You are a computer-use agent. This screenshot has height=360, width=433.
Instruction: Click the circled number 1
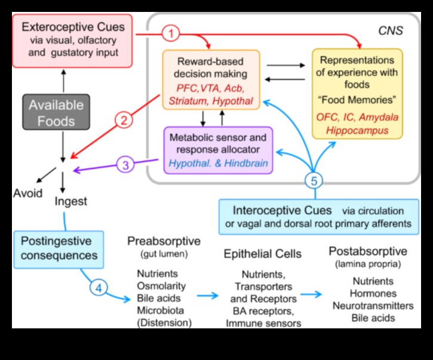tap(171, 34)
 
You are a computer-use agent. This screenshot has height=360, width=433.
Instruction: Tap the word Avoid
tap(27, 193)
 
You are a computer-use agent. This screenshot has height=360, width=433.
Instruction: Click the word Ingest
tap(70, 201)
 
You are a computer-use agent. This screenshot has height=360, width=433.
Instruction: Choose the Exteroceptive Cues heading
tap(73, 27)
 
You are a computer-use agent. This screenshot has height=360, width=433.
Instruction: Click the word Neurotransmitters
tap(373, 306)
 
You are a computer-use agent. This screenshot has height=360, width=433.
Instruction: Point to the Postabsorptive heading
tap(368, 251)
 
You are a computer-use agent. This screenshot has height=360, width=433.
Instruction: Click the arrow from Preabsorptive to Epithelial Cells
tap(206, 295)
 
